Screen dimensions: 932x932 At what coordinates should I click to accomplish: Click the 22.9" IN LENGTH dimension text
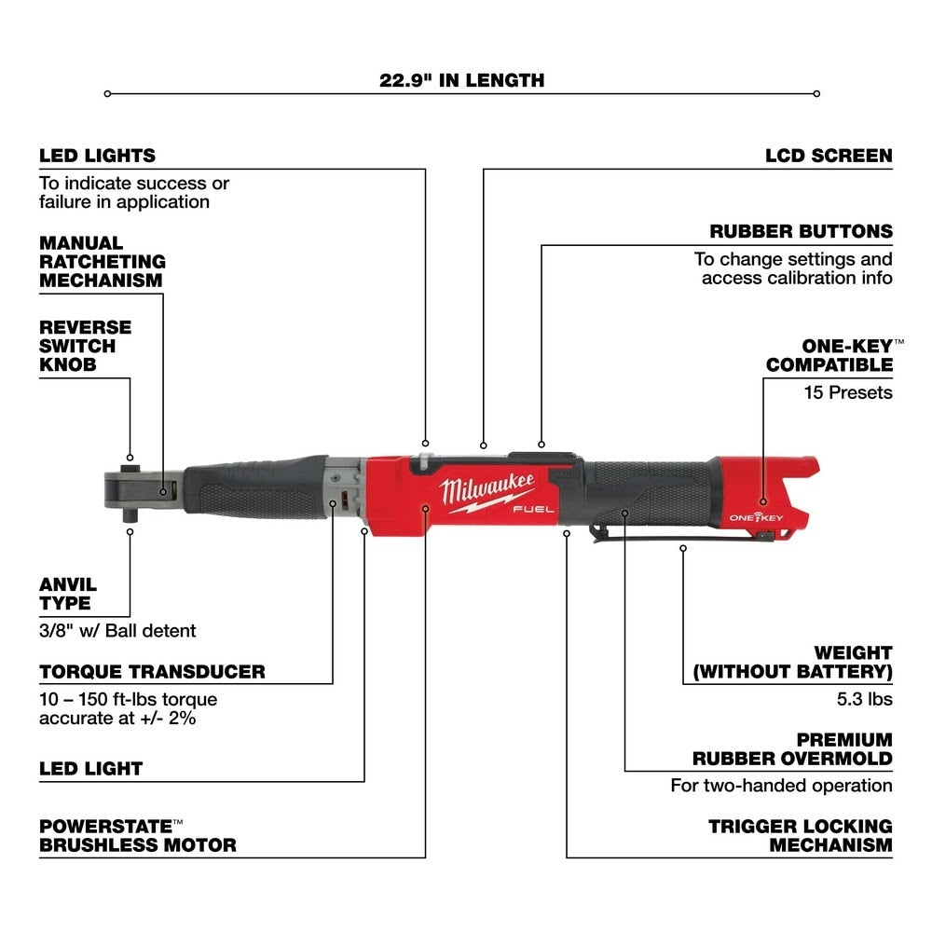tap(461, 80)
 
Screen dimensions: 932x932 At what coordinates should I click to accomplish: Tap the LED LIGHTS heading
tap(97, 156)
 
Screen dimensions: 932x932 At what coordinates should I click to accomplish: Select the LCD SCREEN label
tap(829, 156)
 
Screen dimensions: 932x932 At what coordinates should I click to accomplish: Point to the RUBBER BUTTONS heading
tap(814, 231)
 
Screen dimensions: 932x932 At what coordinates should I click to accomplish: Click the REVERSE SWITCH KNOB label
tap(85, 346)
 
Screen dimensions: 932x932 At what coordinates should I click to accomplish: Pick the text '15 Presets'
tap(848, 392)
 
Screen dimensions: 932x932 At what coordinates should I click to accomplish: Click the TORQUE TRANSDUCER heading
tap(152, 671)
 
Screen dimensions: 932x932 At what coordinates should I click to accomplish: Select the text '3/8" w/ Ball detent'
tap(117, 631)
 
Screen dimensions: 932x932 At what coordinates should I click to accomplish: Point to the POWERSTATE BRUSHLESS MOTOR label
tap(137, 835)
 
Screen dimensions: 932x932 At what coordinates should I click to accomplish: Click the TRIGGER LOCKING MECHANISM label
tap(800, 835)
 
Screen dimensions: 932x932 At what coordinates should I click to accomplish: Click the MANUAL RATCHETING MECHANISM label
tap(102, 261)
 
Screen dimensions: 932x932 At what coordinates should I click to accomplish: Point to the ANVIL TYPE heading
tap(67, 594)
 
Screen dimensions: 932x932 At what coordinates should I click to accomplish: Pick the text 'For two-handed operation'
tap(781, 786)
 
